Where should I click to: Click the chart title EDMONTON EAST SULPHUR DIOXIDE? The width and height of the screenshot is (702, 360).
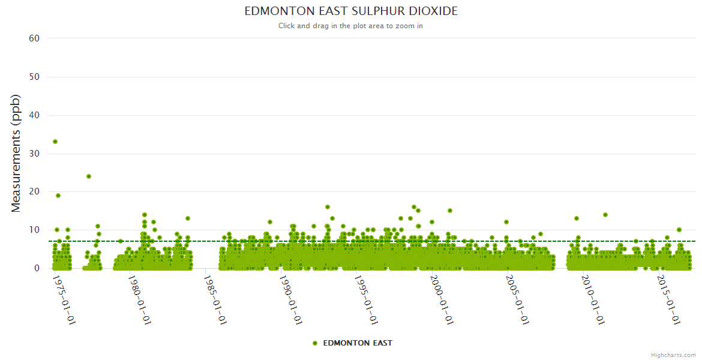point(351,11)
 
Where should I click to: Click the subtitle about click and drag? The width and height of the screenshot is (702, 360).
point(351,26)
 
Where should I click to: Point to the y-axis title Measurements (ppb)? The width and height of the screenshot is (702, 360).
point(16,153)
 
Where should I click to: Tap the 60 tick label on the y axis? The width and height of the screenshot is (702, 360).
point(34,38)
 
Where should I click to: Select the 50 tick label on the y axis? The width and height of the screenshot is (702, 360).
point(34,77)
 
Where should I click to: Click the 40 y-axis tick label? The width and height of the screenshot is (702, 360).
point(34,115)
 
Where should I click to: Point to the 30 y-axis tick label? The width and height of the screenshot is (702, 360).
point(34,154)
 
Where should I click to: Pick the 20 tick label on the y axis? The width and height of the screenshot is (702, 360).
point(34,192)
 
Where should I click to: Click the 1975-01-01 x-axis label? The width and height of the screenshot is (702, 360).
point(65,299)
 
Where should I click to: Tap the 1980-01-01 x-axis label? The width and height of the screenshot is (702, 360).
point(140,299)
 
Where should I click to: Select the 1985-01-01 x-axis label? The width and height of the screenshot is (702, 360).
point(216,299)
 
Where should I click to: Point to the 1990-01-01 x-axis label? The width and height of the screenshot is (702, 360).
point(292,299)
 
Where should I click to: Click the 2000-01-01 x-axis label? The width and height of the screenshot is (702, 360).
point(443,299)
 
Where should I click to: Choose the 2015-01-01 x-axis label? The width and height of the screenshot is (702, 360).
point(670,299)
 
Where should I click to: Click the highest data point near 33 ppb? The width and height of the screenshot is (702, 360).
point(55,142)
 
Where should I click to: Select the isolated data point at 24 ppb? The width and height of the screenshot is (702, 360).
point(89,176)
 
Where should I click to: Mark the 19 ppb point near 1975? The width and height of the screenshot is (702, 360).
point(58,196)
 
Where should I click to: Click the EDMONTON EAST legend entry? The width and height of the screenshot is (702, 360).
point(358,343)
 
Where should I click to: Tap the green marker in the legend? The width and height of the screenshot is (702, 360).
point(315,343)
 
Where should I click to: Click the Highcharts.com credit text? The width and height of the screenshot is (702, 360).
point(673,355)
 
